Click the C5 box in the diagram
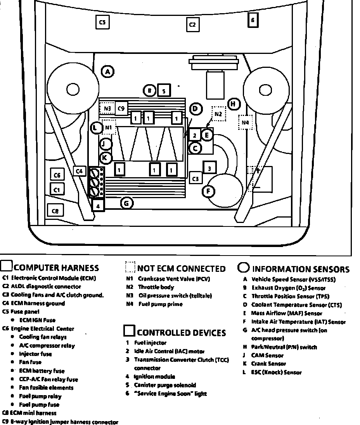102,22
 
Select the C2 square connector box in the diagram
192,25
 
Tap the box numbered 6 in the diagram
253,20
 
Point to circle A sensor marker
107,72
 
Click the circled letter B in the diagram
149,91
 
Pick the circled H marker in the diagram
233,104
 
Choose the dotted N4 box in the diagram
245,123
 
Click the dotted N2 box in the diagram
218,114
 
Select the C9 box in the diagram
121,109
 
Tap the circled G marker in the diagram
126,203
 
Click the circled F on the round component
209,191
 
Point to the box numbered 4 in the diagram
99,206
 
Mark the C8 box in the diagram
55,211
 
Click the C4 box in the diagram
79,171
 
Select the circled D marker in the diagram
196,109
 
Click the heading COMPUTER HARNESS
56,268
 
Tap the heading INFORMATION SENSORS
301,269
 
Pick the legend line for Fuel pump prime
160,304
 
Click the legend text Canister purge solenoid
165,385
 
